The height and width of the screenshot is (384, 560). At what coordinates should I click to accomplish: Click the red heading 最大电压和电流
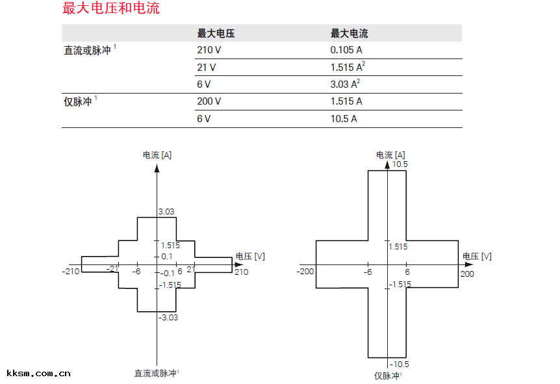(111, 8)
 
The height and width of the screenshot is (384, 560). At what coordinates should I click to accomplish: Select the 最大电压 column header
(216, 34)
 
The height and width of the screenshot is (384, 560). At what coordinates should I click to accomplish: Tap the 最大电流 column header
(349, 34)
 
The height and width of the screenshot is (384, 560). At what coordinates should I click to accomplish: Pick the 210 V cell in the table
(209, 50)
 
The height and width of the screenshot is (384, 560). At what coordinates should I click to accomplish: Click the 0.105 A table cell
(346, 50)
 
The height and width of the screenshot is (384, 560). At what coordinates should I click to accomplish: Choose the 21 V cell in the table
(207, 67)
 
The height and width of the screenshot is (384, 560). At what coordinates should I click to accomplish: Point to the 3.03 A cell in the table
(345, 84)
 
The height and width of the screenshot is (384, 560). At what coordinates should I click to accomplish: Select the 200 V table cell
(209, 101)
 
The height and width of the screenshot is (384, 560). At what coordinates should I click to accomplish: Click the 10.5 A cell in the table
(344, 118)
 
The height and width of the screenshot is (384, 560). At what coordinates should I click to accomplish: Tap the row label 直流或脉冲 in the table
(87, 51)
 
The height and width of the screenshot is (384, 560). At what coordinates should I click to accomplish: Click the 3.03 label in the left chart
(167, 212)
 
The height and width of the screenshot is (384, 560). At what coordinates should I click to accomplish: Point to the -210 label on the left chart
(70, 271)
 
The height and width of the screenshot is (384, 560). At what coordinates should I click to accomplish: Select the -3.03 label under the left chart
(168, 318)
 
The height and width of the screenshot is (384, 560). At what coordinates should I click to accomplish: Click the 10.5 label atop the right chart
(400, 165)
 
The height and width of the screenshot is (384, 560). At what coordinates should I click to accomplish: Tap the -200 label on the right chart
(306, 272)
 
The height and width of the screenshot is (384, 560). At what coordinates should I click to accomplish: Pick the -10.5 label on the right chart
(400, 365)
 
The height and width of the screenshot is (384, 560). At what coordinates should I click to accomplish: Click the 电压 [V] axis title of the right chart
(477, 257)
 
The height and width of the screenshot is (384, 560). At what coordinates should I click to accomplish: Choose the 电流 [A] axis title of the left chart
(157, 155)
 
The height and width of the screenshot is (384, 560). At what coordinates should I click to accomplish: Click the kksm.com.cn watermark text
(38, 374)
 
